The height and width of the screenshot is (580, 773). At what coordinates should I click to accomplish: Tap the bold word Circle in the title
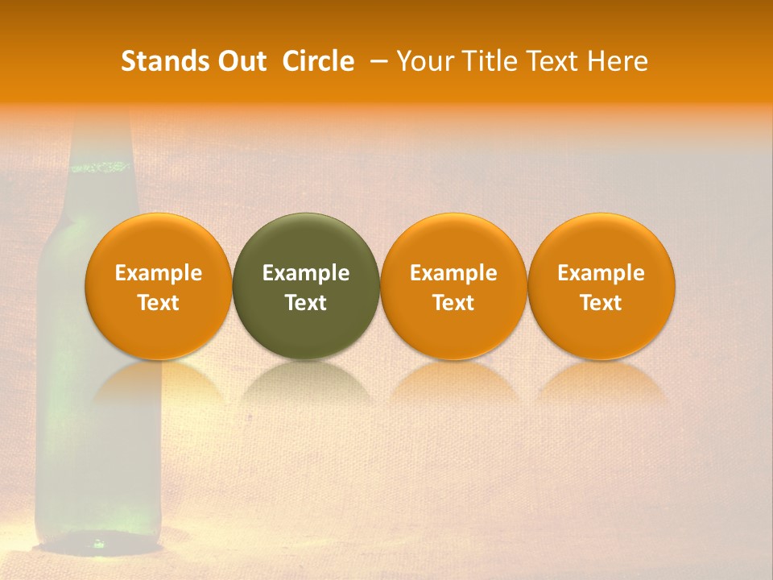tap(318, 61)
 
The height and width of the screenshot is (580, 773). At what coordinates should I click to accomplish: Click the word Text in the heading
tap(556, 61)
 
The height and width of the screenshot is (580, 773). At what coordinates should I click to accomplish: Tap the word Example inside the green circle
tap(306, 273)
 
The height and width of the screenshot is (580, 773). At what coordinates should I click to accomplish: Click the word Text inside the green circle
tap(306, 303)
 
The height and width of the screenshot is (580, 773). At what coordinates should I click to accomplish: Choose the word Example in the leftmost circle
tap(159, 273)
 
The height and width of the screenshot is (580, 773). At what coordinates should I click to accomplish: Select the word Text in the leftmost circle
tap(159, 303)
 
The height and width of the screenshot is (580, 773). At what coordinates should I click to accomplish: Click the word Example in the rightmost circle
tap(601, 273)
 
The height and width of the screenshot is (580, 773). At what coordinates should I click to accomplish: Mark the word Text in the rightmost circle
tap(601, 303)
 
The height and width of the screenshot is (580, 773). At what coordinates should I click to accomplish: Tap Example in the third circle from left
tap(453, 273)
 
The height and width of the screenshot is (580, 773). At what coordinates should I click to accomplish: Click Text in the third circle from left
tap(453, 303)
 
